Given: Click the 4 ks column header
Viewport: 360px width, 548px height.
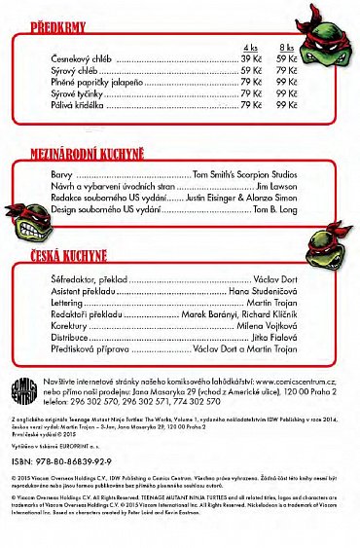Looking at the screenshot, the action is [250, 48].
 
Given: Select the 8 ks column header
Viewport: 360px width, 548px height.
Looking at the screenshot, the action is [287, 48].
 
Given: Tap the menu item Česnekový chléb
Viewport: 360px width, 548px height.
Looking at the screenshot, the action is [82, 59].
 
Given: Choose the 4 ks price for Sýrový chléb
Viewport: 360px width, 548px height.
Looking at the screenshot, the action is [251, 71].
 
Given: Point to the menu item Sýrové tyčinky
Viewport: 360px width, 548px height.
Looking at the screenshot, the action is [78, 93].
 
